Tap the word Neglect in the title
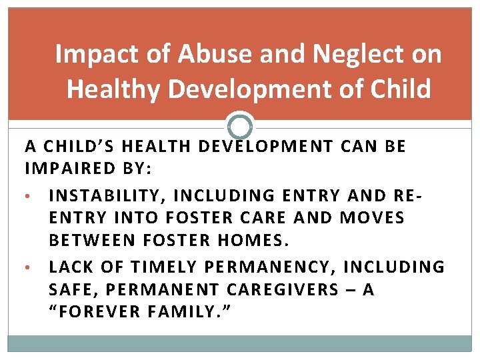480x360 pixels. point(342,55)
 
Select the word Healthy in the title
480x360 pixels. point(112,89)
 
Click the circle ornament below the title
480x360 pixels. point(240,126)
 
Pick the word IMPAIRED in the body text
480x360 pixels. point(70,170)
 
